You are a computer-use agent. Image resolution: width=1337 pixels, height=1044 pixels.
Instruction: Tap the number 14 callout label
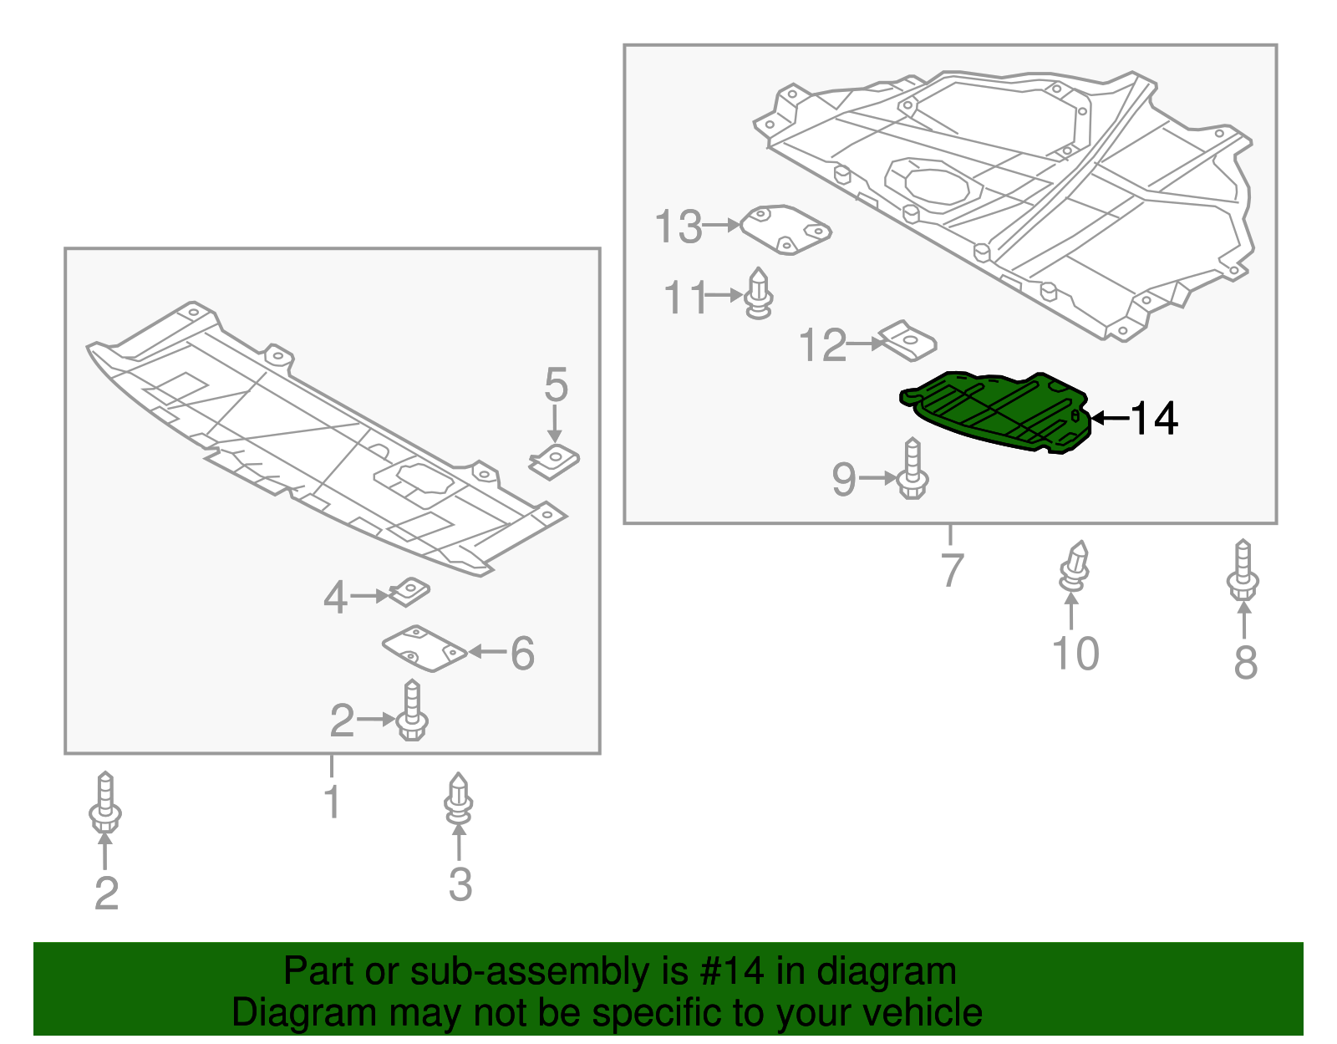point(1155,418)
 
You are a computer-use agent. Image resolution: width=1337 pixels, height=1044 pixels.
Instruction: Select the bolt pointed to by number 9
point(913,471)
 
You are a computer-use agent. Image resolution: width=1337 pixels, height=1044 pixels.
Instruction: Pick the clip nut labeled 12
point(908,341)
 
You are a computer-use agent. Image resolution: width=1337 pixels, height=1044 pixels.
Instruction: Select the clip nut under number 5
point(554,461)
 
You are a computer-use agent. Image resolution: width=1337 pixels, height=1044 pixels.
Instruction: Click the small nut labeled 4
point(409,592)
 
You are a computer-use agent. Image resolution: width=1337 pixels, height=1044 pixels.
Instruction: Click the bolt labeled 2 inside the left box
point(412,712)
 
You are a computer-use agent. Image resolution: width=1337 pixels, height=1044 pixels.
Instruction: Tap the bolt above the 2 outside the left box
point(104,804)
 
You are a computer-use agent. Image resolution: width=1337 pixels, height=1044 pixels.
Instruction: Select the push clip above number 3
point(458,801)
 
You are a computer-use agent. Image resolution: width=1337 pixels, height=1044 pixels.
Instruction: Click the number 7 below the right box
point(952,570)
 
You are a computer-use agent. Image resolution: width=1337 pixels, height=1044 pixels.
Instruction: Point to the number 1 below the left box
point(332,802)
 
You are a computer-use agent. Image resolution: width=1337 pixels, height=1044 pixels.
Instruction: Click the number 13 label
point(678,227)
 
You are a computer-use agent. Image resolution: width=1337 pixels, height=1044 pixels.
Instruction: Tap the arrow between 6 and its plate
point(487,651)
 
